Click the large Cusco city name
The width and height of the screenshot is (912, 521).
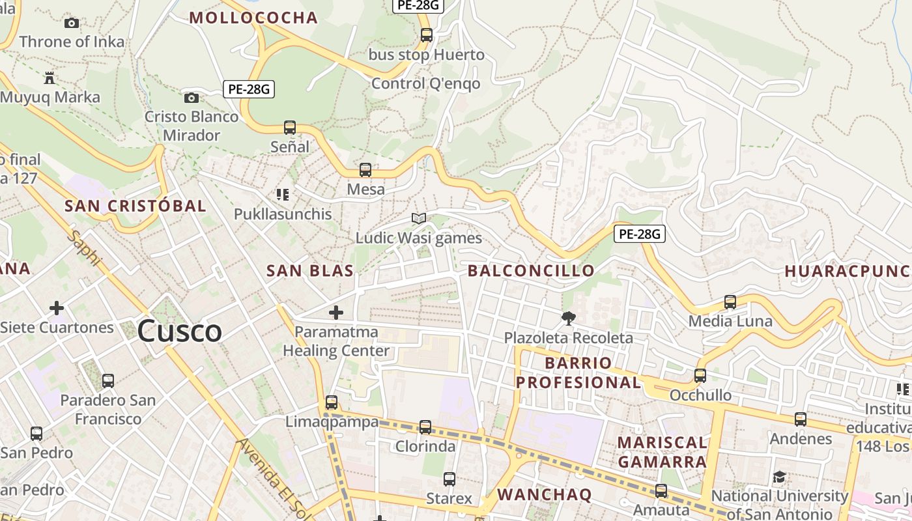[x=179, y=331]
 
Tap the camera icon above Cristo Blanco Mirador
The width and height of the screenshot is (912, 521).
[x=191, y=98]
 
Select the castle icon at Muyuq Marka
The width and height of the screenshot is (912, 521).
[x=49, y=78]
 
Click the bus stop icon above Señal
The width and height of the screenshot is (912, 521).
[x=290, y=128]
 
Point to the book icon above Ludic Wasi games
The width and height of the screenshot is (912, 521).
[x=418, y=218]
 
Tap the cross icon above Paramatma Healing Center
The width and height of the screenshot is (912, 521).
[x=336, y=313]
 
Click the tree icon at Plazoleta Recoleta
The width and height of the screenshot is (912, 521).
[x=569, y=318]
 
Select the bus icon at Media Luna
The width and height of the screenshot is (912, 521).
[x=730, y=302]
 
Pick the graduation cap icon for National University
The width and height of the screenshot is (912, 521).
[x=779, y=477]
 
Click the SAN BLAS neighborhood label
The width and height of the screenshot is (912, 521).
[x=310, y=271]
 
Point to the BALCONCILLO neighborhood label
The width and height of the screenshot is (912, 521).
[x=531, y=271]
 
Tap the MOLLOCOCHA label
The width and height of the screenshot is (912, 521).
[x=253, y=18]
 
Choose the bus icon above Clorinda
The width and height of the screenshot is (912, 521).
[x=425, y=427]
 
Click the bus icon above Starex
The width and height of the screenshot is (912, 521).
[x=449, y=479]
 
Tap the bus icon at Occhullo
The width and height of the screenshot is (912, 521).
[x=700, y=376]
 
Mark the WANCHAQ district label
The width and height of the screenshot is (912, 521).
[x=544, y=494]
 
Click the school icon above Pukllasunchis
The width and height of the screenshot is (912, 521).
[x=283, y=194]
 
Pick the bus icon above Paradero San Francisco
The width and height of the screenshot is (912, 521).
[x=108, y=380]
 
